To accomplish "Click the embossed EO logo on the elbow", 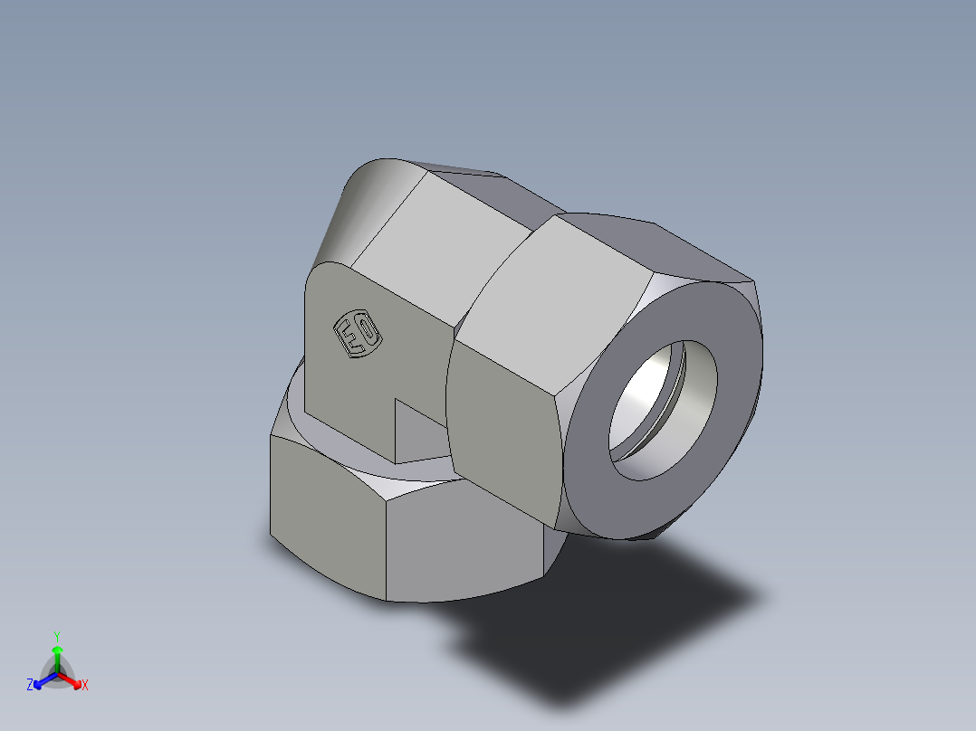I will coord(359,335).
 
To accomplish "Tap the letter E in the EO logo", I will coord(349,339).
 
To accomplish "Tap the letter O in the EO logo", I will coord(367,330).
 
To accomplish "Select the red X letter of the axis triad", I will coord(84,686).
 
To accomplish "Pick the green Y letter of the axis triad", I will coord(56,636).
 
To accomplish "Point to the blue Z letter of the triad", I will coord(30,685).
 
